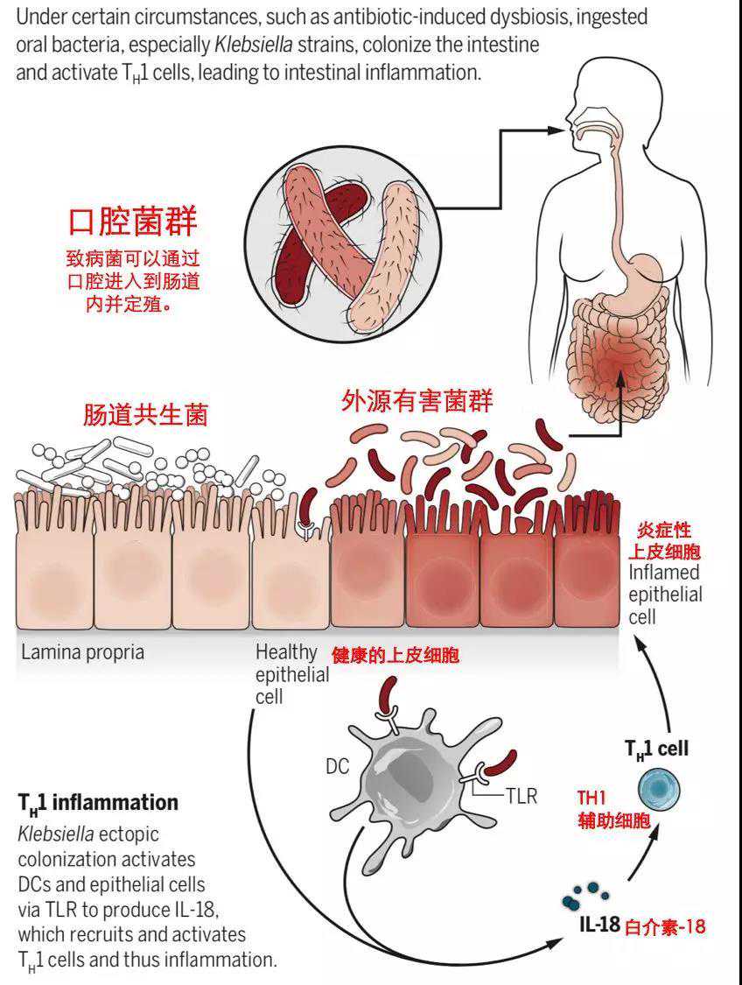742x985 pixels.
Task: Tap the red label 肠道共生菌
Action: point(146,414)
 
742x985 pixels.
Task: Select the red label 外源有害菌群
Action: point(416,402)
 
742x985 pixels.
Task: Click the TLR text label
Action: point(521,797)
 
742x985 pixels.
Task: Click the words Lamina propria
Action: point(82,652)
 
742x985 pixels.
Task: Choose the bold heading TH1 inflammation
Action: point(98,802)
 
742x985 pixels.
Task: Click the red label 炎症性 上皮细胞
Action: point(667,541)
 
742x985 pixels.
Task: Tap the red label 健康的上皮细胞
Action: point(395,655)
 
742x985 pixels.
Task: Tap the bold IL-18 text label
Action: point(598,925)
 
